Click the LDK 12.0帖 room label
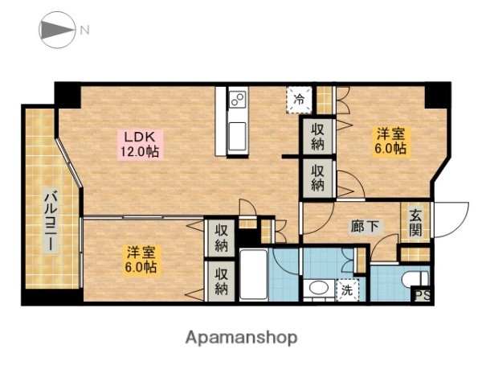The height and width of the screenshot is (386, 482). [140, 144]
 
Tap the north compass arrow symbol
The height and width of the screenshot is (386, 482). [57, 30]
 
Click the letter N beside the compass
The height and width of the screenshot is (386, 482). [85, 31]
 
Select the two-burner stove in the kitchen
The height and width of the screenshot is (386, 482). [238, 98]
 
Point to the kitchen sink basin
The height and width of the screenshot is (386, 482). [237, 136]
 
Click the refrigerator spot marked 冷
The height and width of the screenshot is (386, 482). [299, 100]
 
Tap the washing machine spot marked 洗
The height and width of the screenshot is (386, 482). [347, 289]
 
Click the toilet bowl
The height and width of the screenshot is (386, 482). [415, 279]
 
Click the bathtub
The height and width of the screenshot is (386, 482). [254, 274]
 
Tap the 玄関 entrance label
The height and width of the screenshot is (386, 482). [415, 223]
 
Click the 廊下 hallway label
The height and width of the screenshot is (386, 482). [365, 227]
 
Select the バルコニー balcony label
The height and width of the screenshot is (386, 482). [51, 220]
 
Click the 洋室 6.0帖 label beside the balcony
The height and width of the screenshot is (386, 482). [141, 260]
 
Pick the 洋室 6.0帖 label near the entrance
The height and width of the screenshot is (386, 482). [390, 141]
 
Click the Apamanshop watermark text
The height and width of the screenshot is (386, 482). [241, 338]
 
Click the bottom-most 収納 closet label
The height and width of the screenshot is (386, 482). [222, 281]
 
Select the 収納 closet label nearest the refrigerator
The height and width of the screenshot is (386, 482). [318, 137]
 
